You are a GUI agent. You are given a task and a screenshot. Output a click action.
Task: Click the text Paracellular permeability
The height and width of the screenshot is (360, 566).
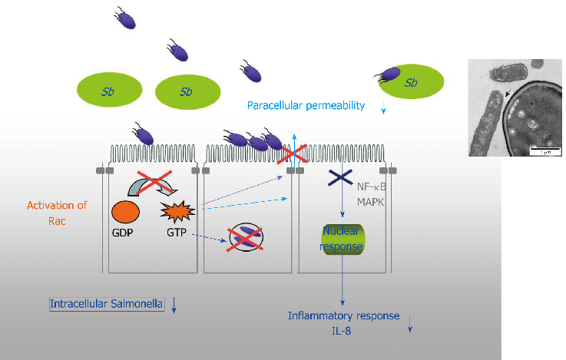pyautogui.click(x=306, y=106)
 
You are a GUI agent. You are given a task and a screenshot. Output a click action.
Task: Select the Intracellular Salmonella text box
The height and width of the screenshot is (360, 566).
pyautogui.click(x=107, y=303)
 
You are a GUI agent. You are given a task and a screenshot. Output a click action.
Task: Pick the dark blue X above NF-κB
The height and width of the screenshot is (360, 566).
pyautogui.click(x=339, y=177)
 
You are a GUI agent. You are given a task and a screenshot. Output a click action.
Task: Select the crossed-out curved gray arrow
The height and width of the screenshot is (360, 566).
pyautogui.click(x=154, y=184)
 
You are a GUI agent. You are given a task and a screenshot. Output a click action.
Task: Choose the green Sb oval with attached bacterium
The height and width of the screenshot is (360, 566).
pyautogui.click(x=412, y=83)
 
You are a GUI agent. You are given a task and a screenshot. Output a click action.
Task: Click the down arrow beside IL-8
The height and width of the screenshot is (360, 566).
pyautogui.click(x=410, y=325)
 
